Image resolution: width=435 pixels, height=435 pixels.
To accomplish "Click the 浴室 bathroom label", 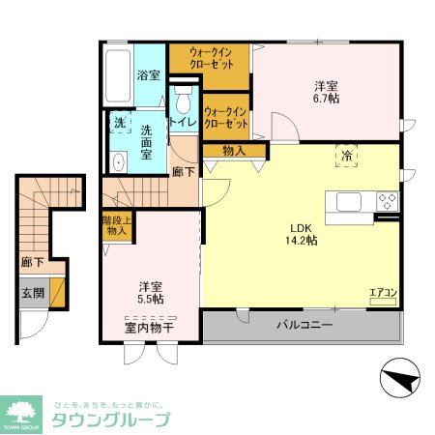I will [x=148, y=74].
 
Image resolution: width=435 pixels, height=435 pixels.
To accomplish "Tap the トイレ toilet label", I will [x=183, y=123].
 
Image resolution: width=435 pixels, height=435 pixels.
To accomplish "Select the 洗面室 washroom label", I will [x=148, y=147].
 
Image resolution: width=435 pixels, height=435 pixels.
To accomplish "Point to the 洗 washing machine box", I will [x=118, y=123].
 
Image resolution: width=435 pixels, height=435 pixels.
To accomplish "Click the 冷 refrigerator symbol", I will [x=345, y=155].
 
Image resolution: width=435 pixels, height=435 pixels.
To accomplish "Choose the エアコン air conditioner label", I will [x=383, y=292].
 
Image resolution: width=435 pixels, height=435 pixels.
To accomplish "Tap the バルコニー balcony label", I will [x=304, y=325].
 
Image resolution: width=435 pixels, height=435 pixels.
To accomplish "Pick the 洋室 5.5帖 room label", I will [x=150, y=293].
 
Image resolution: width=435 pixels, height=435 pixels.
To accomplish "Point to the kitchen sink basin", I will [x=349, y=201].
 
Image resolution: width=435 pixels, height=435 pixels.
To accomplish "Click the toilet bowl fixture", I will [x=182, y=101].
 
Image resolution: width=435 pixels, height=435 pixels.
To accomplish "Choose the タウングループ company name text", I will [x=109, y=420].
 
